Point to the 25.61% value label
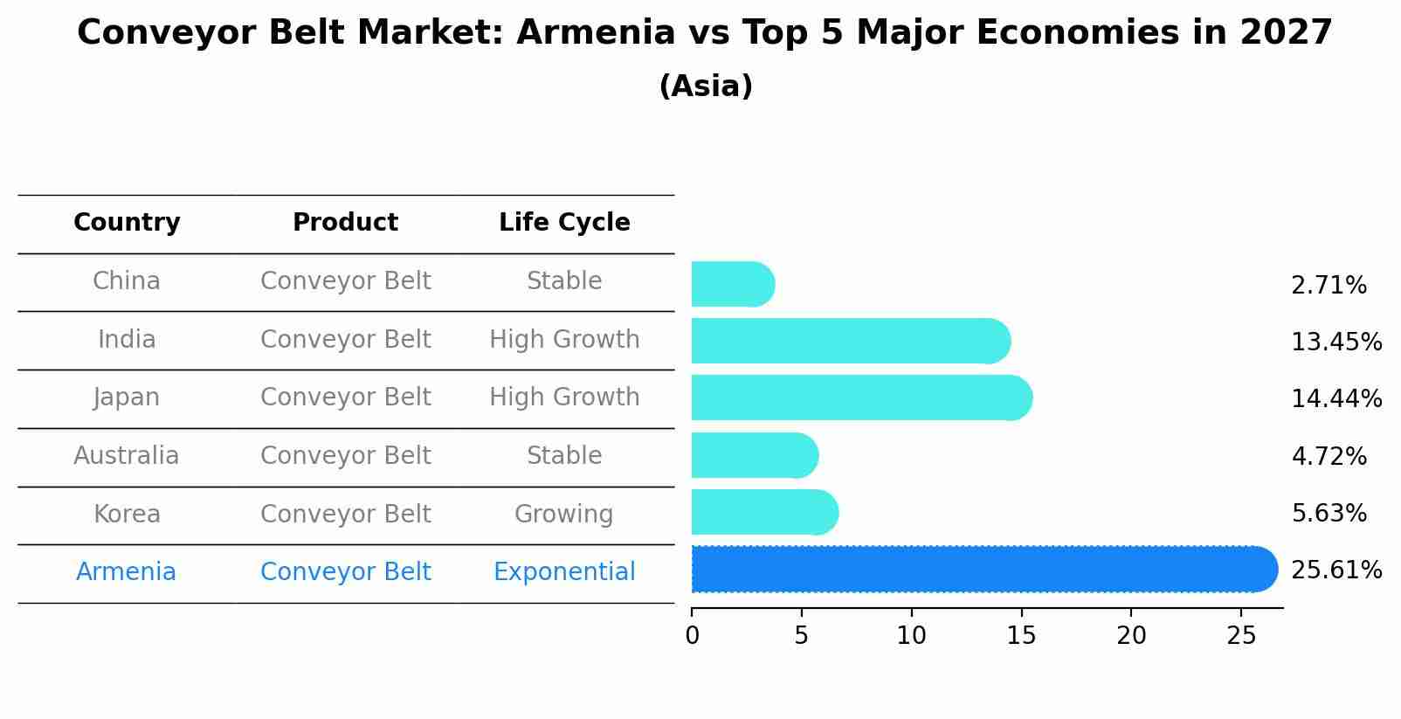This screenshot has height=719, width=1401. tap(1335, 570)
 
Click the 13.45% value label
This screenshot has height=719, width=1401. tap(1335, 342)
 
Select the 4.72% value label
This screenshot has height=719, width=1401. tap(1329, 457)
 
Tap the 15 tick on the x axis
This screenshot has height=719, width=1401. tap(1021, 636)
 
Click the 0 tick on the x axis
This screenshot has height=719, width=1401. tap(692, 636)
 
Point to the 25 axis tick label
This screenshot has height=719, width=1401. tap(1240, 636)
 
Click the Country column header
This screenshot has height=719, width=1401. tap(127, 223)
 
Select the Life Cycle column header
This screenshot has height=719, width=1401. tap(564, 223)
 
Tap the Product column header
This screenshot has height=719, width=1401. tap(345, 223)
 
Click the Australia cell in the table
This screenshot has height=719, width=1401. tap(127, 456)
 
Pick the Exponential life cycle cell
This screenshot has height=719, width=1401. tap(564, 572)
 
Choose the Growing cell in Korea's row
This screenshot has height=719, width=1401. tap(564, 515)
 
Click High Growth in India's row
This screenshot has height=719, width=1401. tap(564, 340)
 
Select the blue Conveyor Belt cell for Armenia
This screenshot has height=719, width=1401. tap(345, 572)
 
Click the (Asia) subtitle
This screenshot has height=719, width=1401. tap(705, 86)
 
